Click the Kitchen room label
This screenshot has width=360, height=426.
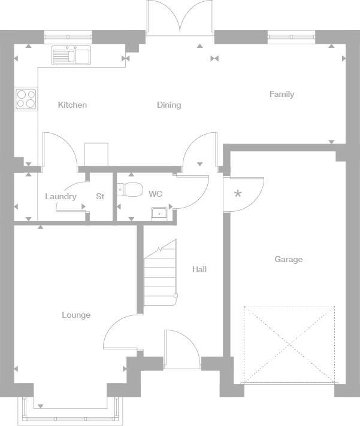[72, 105]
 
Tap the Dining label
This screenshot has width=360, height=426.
[169, 105]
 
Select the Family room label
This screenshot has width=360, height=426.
[282, 94]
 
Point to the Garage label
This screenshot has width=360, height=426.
[288, 259]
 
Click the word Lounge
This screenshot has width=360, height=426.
[76, 315]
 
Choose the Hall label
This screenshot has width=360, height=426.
[199, 269]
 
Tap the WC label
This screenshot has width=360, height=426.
[155, 194]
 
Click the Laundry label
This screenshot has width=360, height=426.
[60, 196]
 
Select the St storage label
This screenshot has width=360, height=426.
[100, 196]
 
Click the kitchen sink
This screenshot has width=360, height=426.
[71, 56]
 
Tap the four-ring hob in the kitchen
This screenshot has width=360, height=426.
[26, 99]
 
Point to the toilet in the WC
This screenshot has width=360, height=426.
[129, 190]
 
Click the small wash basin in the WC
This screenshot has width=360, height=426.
[160, 212]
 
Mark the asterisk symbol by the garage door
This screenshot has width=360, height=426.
[238, 194]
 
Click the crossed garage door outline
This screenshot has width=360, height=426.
[289, 345]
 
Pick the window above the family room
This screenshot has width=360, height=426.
[291, 37]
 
